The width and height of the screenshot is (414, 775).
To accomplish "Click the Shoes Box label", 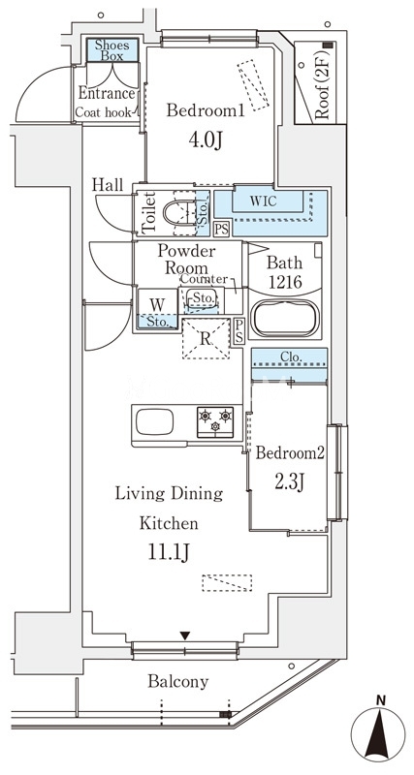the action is pyautogui.click(x=111, y=50).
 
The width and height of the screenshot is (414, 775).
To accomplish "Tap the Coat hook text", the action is pyautogui.click(x=104, y=112).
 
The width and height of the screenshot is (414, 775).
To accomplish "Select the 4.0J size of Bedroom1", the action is pyautogui.click(x=206, y=140).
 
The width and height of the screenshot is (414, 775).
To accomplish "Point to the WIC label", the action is pyautogui.click(x=263, y=201).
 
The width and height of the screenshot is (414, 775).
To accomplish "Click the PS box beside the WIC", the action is pyautogui.click(x=222, y=230).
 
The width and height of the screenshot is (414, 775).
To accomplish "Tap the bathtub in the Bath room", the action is pyautogui.click(x=284, y=319).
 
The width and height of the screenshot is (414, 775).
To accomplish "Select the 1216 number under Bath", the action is pyautogui.click(x=284, y=282).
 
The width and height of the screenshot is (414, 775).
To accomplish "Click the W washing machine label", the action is pyautogui.click(x=157, y=303).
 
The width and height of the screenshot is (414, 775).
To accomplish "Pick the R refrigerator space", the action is pyautogui.click(x=206, y=338).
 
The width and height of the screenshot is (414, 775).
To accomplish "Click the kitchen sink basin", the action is pyautogui.click(x=155, y=421).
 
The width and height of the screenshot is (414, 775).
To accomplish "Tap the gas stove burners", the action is pyautogui.click(x=215, y=421).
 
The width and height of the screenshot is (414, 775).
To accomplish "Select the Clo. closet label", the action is pyautogui.click(x=288, y=356).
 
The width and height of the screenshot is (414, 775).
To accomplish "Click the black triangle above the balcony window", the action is pyautogui.click(x=185, y=635).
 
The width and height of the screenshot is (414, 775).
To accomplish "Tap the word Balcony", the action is pyautogui.click(x=178, y=682).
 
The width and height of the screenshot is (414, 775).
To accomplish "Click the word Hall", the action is pyautogui.click(x=108, y=185).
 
